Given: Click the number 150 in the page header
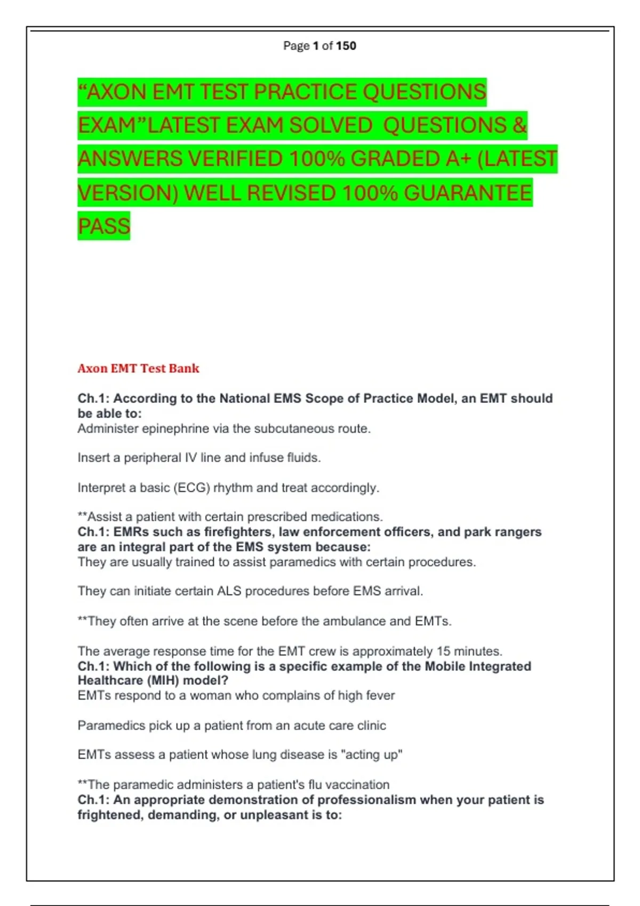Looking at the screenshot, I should [x=346, y=46].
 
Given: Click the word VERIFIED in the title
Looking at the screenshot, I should [x=233, y=159].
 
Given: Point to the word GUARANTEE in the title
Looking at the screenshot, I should [x=468, y=193].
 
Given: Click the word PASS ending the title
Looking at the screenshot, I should [x=104, y=226].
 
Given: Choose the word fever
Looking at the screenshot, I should [x=380, y=695].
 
